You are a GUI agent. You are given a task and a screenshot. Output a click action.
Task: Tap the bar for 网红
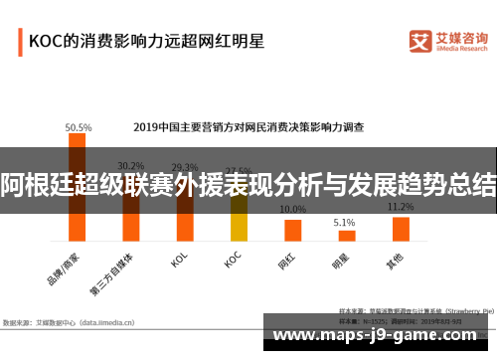point(292,230)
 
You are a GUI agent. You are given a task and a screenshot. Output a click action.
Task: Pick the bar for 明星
point(346,236)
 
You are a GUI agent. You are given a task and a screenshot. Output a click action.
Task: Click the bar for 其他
point(401,229)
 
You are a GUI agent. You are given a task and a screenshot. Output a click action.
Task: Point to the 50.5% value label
point(79,127)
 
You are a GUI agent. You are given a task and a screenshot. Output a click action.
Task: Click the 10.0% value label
point(292,210)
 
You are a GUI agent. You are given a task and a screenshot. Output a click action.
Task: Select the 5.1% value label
point(345,223)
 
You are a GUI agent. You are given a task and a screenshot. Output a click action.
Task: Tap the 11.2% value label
point(401,207)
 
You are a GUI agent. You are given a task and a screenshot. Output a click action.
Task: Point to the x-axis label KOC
point(234,261)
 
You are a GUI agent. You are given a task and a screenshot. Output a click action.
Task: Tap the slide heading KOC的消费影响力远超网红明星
point(146,42)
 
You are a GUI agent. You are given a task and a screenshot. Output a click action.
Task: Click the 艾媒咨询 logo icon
point(419,41)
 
